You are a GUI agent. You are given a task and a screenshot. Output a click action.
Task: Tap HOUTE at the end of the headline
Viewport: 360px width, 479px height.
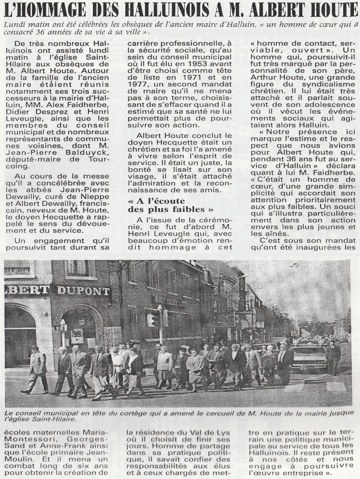(x=334, y=9)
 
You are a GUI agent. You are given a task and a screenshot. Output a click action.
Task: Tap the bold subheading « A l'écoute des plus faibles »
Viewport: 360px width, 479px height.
(x=171, y=205)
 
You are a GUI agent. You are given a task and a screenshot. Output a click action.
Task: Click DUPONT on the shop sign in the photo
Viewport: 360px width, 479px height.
(x=83, y=291)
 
